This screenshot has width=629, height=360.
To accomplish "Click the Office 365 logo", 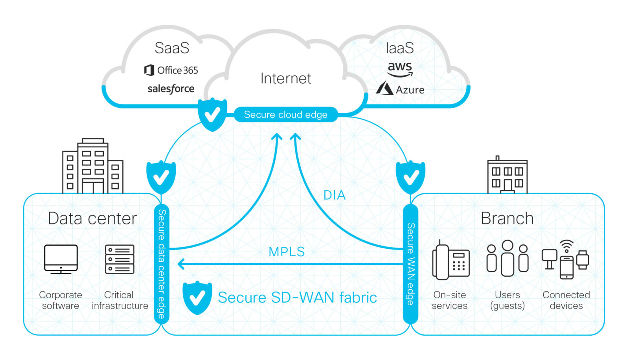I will pyautogui.click(x=171, y=70).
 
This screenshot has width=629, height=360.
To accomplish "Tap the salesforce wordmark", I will pyautogui.click(x=171, y=89).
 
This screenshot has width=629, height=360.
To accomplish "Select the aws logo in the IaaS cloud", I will pyautogui.click(x=400, y=69).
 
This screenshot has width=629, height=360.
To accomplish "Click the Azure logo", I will pyautogui.click(x=400, y=89).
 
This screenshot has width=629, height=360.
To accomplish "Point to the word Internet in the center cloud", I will pyautogui.click(x=286, y=79).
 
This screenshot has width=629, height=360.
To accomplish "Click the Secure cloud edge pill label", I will pyautogui.click(x=286, y=115).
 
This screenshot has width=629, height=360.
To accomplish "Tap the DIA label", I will pyautogui.click(x=334, y=195).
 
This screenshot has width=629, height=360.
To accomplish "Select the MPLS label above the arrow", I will pyautogui.click(x=287, y=252).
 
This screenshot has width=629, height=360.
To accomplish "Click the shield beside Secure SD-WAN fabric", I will pyautogui.click(x=197, y=298).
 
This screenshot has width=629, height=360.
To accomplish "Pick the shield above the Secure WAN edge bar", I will pyautogui.click(x=410, y=177).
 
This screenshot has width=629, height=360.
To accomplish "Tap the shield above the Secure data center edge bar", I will pyautogui.click(x=161, y=177).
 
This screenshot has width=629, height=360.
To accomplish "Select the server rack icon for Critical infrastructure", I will pyautogui.click(x=120, y=259).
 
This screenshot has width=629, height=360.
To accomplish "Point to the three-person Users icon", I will pyautogui.click(x=507, y=258).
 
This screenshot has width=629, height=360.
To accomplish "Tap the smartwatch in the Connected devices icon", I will pyautogui.click(x=583, y=260).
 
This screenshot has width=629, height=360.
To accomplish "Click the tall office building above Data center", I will pyautogui.click(x=93, y=167).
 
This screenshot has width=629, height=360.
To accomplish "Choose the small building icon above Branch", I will pyautogui.click(x=507, y=176).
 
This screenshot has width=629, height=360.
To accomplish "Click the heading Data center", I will pyautogui.click(x=92, y=219).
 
